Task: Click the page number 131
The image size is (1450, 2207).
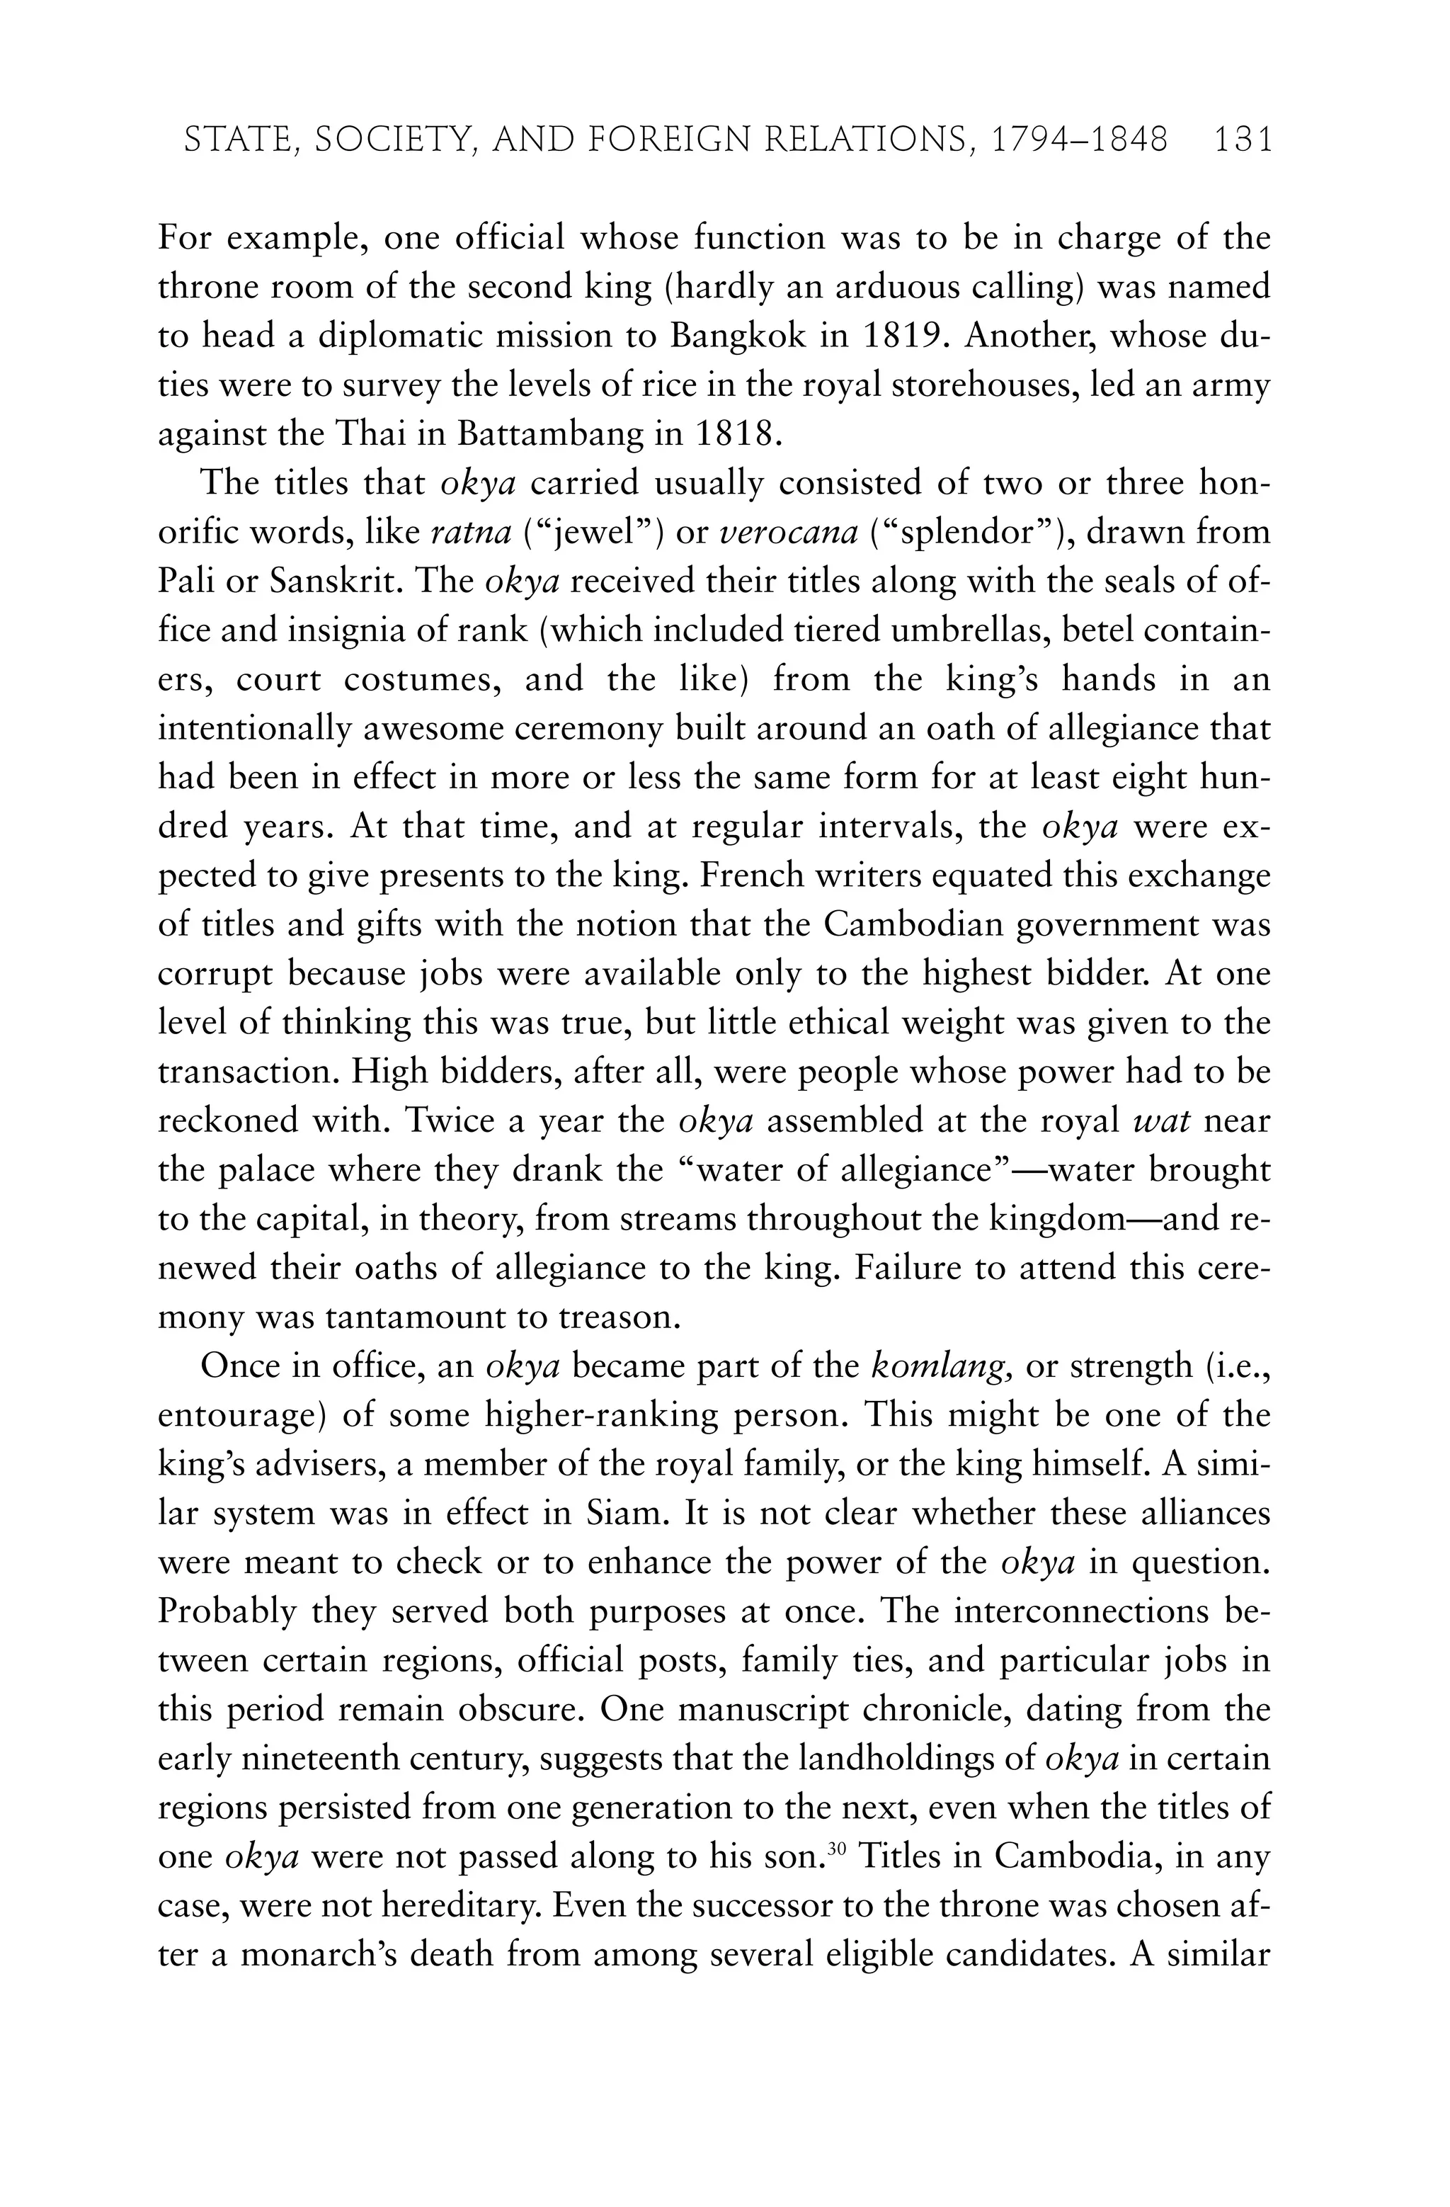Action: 1241,140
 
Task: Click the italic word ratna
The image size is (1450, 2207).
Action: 472,533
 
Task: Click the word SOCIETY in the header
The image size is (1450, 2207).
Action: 394,140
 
